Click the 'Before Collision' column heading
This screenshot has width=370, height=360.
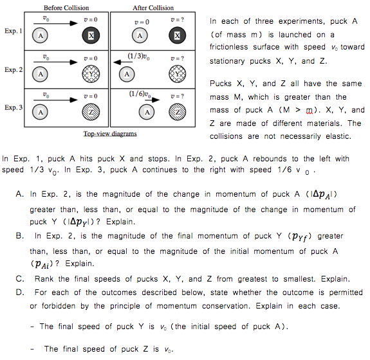66,8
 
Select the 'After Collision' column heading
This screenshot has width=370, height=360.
153,8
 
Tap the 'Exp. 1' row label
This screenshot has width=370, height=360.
12,31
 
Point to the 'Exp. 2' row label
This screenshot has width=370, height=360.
12,69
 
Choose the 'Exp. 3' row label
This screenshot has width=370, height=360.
12,107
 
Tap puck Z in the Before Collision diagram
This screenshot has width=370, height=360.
91,111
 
